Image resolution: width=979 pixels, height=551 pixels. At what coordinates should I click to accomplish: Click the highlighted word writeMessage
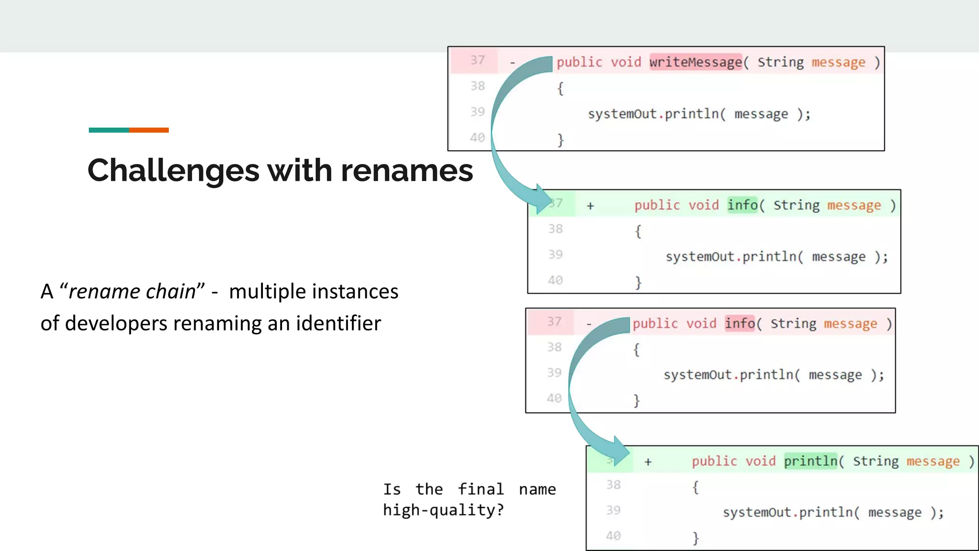point(695,62)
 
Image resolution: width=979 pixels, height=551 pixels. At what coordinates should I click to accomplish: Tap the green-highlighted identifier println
point(811,461)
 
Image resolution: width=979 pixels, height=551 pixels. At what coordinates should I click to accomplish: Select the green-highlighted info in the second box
point(742,205)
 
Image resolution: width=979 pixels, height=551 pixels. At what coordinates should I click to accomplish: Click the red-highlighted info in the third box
point(740,323)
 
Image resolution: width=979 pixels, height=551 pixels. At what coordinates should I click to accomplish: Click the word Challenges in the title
point(173,171)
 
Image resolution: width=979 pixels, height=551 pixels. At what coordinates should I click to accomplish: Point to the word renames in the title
point(406,171)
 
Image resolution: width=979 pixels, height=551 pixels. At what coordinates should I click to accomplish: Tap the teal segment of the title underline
point(109,130)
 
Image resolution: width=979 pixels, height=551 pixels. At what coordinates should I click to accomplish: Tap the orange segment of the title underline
point(149,130)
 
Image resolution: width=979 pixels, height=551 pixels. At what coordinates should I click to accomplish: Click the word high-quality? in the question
point(443,510)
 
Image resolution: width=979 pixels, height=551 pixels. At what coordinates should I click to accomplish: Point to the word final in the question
point(480,489)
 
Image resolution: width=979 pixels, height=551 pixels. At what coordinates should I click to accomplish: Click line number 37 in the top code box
point(477,60)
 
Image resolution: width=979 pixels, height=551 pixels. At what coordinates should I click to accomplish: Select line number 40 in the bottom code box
point(613,536)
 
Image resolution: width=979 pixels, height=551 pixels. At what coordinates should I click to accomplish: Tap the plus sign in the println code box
point(648,462)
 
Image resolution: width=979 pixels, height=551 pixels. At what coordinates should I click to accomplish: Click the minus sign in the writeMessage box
point(512,63)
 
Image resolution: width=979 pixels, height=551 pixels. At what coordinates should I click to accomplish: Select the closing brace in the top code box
point(560,140)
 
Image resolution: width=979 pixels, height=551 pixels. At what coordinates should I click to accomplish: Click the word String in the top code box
point(781,62)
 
